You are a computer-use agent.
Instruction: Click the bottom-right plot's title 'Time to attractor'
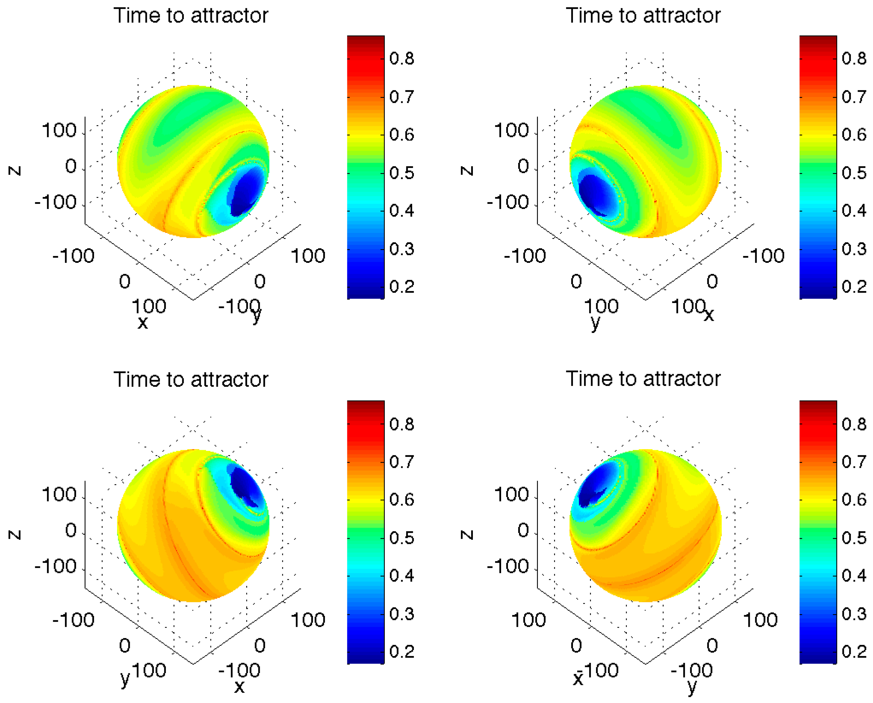pyautogui.click(x=643, y=379)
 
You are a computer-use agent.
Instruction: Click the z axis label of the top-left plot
pyautogui.click(x=15, y=170)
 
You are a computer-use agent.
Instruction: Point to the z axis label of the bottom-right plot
pyautogui.click(x=467, y=535)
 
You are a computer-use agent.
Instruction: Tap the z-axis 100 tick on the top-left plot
pyautogui.click(x=59, y=131)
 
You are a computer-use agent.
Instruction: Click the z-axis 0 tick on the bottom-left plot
pyautogui.click(x=71, y=531)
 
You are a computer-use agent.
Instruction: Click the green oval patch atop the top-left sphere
pyautogui.click(x=191, y=121)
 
